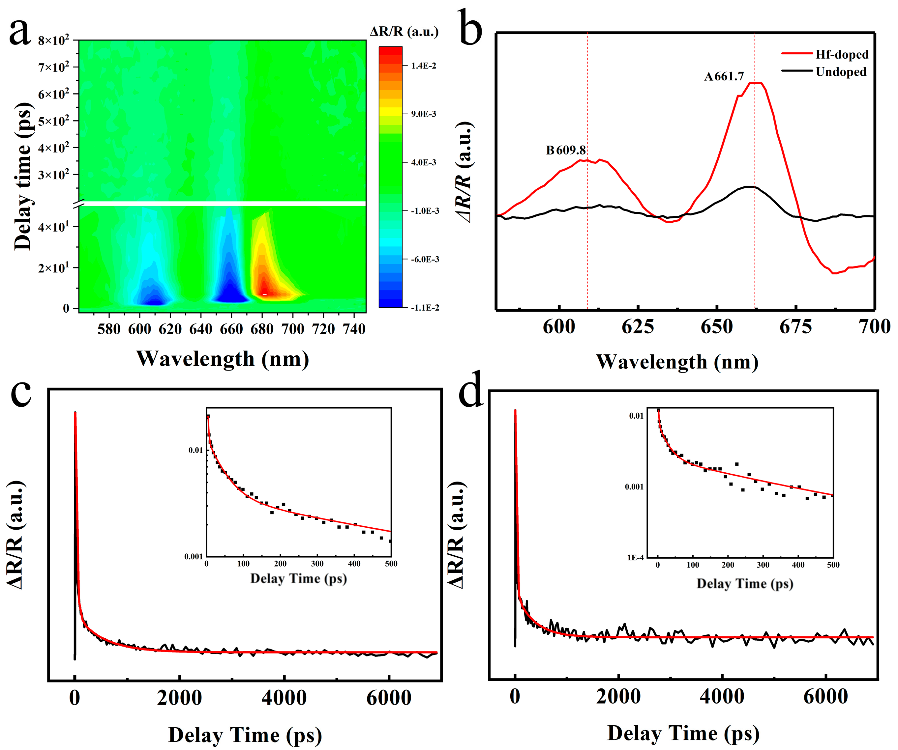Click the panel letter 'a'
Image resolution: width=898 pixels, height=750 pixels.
(x=20, y=32)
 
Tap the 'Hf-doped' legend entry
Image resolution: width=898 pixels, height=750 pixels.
(x=842, y=54)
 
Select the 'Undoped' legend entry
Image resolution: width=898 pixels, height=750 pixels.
(x=841, y=72)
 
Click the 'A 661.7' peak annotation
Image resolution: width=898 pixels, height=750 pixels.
(x=724, y=76)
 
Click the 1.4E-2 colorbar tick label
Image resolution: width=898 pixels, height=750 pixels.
(x=423, y=66)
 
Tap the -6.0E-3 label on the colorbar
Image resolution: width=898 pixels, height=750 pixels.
(x=425, y=260)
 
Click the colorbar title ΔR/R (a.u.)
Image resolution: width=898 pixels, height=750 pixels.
(x=404, y=32)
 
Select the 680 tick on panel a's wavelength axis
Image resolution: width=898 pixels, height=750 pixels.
(x=262, y=329)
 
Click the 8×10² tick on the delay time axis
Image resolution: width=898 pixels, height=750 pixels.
(x=53, y=41)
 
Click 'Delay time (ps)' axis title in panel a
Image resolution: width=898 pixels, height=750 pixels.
(x=23, y=176)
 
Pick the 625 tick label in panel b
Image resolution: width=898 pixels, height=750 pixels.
(x=638, y=327)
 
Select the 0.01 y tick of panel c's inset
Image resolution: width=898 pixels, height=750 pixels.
(x=195, y=450)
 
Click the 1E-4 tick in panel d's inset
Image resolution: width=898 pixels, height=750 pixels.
(x=635, y=558)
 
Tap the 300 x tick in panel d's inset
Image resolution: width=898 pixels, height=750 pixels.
(x=763, y=565)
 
